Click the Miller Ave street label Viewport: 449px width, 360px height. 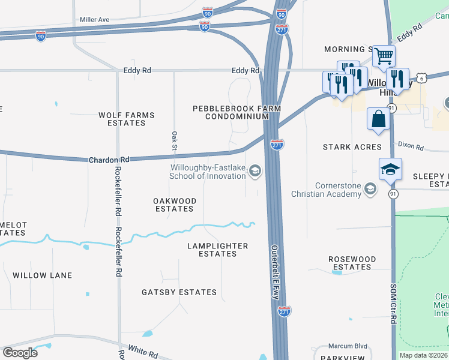click(x=95, y=20)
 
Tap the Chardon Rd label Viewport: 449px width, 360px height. click(x=109, y=160)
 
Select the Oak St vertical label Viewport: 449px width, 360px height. click(x=174, y=141)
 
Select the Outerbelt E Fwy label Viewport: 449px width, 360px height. click(x=275, y=270)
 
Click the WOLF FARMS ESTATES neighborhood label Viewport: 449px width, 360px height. click(x=127, y=119)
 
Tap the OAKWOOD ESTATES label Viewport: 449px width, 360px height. click(x=174, y=205)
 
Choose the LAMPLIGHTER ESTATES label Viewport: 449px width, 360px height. click(x=217, y=250)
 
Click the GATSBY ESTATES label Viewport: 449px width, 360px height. click(x=179, y=292)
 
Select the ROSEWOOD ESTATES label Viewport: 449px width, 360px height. click(x=352, y=263)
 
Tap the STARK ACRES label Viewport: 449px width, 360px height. click(x=352, y=147)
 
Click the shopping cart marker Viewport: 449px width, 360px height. click(x=384, y=57)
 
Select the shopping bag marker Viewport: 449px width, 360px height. click(x=379, y=118)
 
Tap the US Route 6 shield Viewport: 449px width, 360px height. click(x=423, y=78)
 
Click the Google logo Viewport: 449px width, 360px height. click(x=20, y=352)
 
